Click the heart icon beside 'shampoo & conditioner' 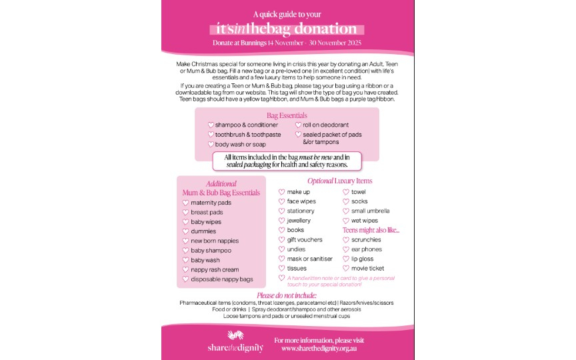(x=211, y=125)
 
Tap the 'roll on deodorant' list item (x=326, y=125)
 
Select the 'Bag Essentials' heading (x=287, y=115)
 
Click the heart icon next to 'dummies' (x=185, y=231)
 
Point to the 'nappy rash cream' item (x=214, y=269)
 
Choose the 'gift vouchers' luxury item (x=305, y=239)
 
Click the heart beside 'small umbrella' (x=346, y=211)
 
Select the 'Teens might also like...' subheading (x=371, y=230)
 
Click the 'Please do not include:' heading (x=287, y=295)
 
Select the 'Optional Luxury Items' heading (x=339, y=181)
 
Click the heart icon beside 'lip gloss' (x=346, y=259)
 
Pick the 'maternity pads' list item (x=211, y=203)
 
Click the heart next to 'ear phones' (x=346, y=249)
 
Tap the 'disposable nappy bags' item (x=222, y=279)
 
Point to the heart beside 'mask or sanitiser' (x=281, y=259)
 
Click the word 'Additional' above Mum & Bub (x=221, y=184)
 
